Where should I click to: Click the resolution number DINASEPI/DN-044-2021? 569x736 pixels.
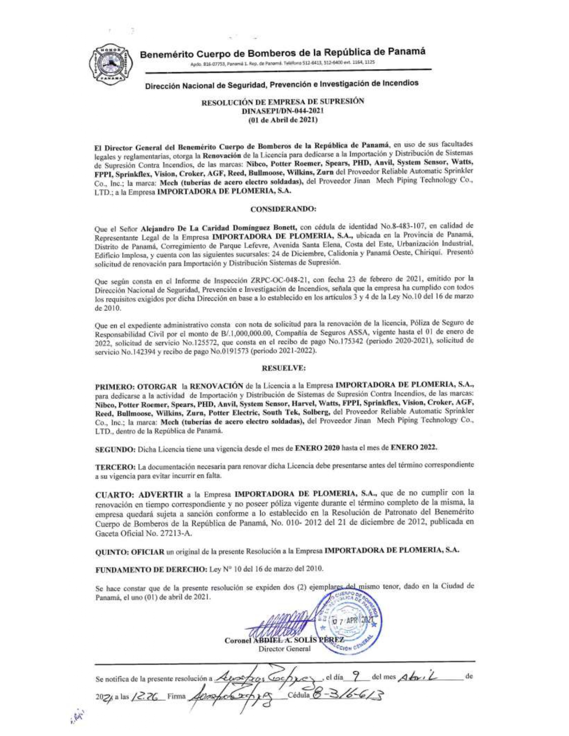282,110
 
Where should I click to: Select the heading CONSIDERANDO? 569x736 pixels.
283,209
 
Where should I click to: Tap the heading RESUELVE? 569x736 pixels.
283,368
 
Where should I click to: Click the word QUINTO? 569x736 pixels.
112,551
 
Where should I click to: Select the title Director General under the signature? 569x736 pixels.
285,649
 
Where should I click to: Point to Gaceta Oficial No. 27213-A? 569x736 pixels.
145,533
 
